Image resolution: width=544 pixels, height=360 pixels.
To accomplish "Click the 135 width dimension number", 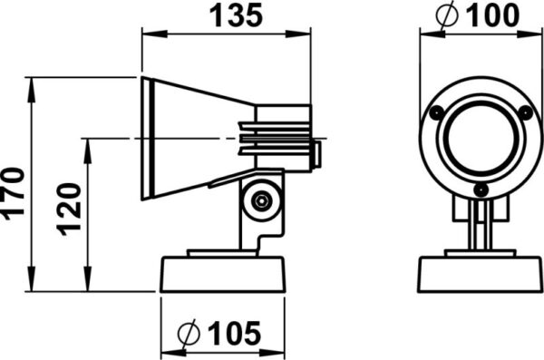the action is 237,16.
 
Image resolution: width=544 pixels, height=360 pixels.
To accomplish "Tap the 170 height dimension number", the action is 14,194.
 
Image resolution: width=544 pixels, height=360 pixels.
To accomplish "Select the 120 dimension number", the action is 69,209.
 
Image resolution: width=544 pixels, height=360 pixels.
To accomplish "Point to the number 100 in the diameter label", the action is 492,15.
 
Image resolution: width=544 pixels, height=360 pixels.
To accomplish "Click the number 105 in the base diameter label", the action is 234,334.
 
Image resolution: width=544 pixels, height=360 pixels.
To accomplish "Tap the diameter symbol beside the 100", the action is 447,15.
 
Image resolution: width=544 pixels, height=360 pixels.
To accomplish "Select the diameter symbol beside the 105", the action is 189,334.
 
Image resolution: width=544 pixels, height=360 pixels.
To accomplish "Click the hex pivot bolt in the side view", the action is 261,200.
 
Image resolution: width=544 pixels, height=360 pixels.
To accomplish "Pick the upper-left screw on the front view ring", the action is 436,112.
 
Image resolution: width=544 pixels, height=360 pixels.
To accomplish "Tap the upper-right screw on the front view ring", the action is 526,112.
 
